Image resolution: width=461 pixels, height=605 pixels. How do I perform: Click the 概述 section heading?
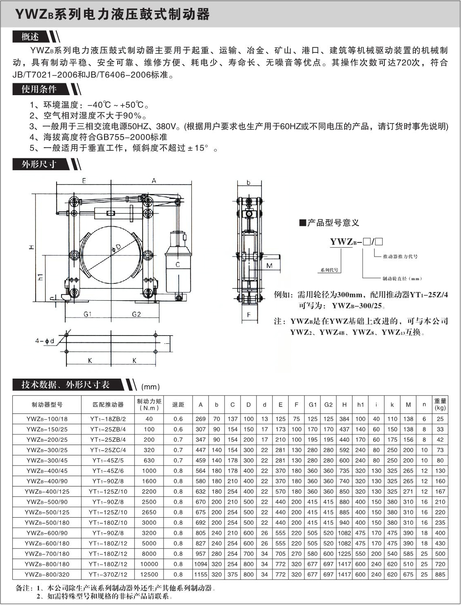(30, 37)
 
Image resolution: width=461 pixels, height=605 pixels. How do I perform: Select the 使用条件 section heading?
(39, 89)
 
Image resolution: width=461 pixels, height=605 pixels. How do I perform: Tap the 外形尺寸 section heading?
(39, 164)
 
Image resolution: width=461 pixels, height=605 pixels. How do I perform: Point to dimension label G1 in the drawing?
(87, 314)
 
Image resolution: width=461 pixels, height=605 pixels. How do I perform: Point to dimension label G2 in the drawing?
(136, 314)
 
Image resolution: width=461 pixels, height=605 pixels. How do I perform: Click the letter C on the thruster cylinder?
(177, 265)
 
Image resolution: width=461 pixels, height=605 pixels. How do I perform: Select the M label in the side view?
(269, 265)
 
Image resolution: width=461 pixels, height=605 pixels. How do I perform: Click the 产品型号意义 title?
(333, 223)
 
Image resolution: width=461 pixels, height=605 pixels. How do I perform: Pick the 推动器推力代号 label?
(400, 256)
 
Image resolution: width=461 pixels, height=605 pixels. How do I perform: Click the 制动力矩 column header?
(149, 404)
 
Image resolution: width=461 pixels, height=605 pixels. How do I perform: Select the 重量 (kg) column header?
(440, 404)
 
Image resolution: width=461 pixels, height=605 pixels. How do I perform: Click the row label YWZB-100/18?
(47, 419)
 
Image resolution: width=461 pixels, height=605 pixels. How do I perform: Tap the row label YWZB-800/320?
(47, 575)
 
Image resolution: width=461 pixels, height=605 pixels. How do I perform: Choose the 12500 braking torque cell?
(149, 575)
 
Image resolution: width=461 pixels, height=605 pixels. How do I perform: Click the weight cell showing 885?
(440, 575)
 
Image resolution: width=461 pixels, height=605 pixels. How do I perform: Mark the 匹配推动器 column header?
(108, 405)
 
